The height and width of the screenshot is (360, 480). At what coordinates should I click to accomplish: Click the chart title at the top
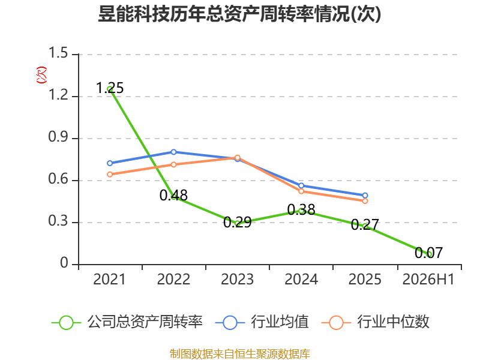239,14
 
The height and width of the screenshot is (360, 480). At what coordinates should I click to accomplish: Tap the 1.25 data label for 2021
110,88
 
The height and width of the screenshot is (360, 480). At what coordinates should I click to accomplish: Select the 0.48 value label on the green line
173,196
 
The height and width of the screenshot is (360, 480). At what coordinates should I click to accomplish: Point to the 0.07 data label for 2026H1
428,253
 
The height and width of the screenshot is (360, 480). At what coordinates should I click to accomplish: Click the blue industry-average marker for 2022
173,152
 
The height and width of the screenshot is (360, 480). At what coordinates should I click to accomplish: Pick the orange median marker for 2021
110,175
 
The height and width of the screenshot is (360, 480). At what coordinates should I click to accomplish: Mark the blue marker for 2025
365,196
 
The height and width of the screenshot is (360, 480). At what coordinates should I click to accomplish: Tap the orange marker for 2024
301,191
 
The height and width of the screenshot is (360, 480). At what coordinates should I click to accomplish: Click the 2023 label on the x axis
237,280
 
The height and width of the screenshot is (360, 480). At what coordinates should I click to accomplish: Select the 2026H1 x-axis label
428,280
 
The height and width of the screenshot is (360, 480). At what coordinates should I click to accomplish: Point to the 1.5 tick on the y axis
58,53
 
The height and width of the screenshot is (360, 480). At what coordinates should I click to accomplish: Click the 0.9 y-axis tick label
58,137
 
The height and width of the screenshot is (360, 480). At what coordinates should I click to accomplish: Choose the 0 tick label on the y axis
64,263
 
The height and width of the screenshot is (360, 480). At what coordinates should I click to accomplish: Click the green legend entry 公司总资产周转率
127,322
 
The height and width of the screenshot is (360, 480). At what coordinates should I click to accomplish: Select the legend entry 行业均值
262,322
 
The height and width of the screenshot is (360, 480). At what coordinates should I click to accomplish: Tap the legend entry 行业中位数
376,322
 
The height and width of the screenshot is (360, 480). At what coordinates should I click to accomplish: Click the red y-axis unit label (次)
41,75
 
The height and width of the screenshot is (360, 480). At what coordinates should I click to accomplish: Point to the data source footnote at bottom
240,353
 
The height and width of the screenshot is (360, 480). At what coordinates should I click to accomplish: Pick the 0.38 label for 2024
301,210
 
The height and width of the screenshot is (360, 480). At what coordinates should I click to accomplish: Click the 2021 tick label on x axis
110,280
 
